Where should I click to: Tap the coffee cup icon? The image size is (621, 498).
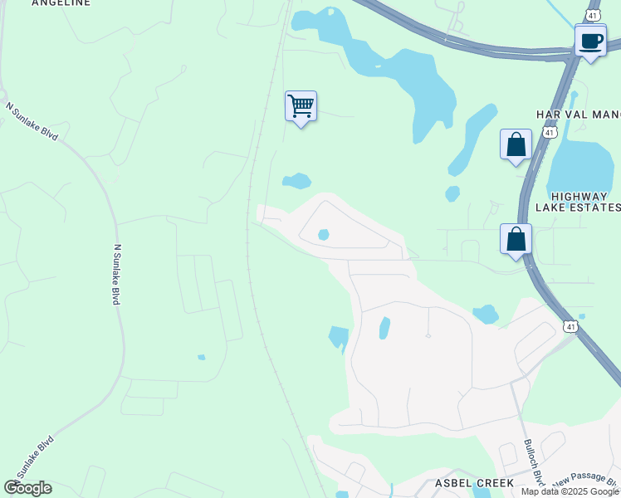pos(590,41)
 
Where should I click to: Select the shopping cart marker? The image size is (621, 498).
pos(301,106)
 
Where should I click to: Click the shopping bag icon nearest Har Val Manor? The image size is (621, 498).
pos(516,144)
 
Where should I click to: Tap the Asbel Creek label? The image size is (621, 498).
pos(474,482)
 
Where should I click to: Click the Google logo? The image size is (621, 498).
pos(27,488)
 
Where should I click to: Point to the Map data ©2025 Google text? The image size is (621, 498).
pos(570,491)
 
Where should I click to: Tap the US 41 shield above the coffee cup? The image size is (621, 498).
pos(592,15)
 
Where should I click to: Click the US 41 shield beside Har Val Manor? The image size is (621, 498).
pos(549,132)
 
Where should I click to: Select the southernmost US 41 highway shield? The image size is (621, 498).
pos(570,326)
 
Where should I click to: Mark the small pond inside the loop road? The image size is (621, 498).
pos(323,235)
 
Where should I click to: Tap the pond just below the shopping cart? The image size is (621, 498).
pos(296,181)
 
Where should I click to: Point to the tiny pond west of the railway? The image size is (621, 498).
pos(201,357)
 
